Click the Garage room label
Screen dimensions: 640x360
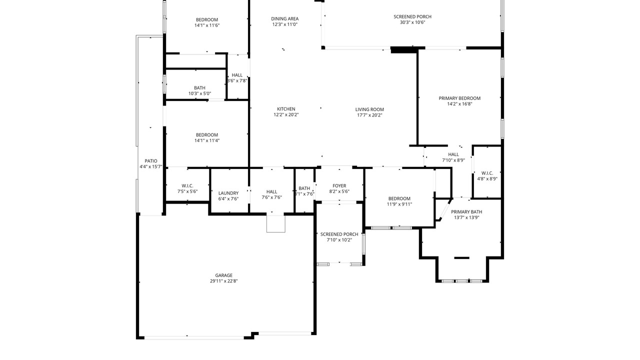click(x=223, y=275)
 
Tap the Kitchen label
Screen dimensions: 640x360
click(x=286, y=109)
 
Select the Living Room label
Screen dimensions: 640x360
click(x=369, y=109)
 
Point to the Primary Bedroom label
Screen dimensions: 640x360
click(x=459, y=98)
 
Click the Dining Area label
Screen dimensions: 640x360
click(x=285, y=19)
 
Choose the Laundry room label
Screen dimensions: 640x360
click(x=228, y=193)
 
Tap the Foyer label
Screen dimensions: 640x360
click(x=339, y=185)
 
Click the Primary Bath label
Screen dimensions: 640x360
click(x=466, y=211)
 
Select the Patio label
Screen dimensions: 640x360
click(x=151, y=161)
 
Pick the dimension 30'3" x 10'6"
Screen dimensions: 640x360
click(x=412, y=22)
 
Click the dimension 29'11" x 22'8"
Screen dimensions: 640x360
click(x=223, y=281)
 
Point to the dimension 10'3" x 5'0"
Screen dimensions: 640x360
click(x=199, y=93)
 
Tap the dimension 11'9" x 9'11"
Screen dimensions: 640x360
click(x=399, y=204)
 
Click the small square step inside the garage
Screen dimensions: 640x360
click(x=275, y=223)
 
